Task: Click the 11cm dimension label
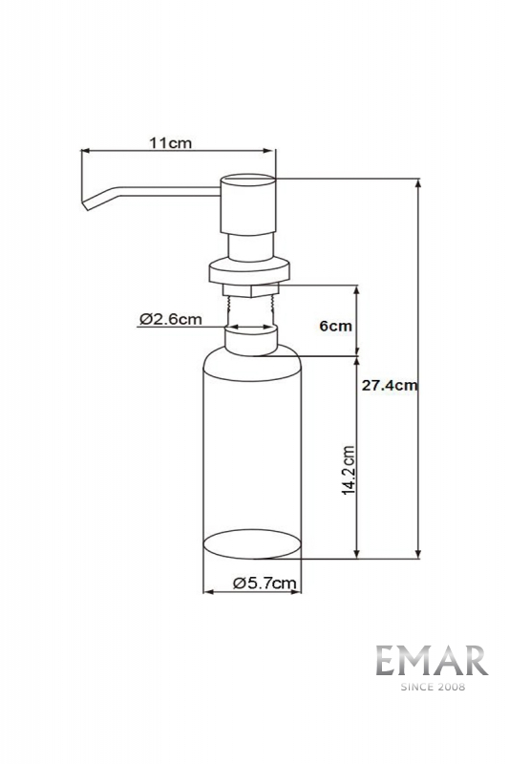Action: pyautogui.click(x=171, y=142)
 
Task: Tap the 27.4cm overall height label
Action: pyautogui.click(x=391, y=386)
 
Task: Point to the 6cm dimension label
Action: pyautogui.click(x=335, y=326)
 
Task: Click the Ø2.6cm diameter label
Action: pyautogui.click(x=169, y=319)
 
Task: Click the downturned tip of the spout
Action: pyautogui.click(x=88, y=203)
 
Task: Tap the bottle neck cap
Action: pyautogui.click(x=250, y=339)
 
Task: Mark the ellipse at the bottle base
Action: pyautogui.click(x=254, y=544)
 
